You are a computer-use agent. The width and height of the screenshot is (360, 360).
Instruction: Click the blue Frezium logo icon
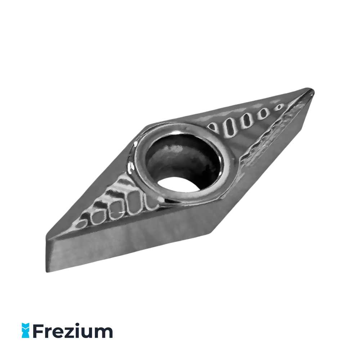[26, 330]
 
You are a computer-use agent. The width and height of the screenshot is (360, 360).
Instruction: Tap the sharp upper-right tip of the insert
[313, 90]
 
